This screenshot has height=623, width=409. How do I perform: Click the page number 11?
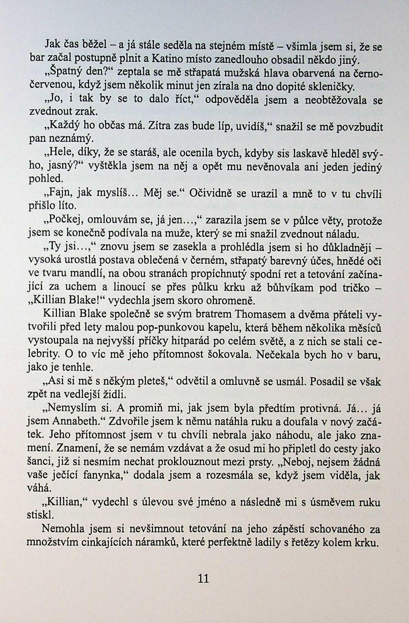click(203, 578)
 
